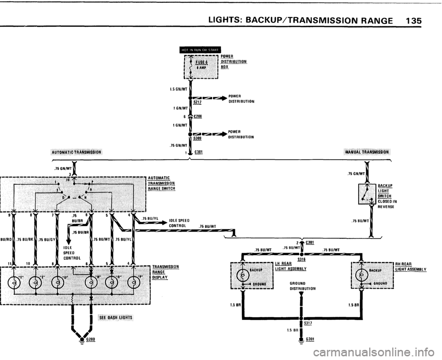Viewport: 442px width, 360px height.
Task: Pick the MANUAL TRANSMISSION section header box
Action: click(x=366, y=152)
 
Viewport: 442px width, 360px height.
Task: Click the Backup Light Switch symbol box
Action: click(x=367, y=193)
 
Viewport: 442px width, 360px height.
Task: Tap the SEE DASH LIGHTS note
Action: click(x=115, y=318)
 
